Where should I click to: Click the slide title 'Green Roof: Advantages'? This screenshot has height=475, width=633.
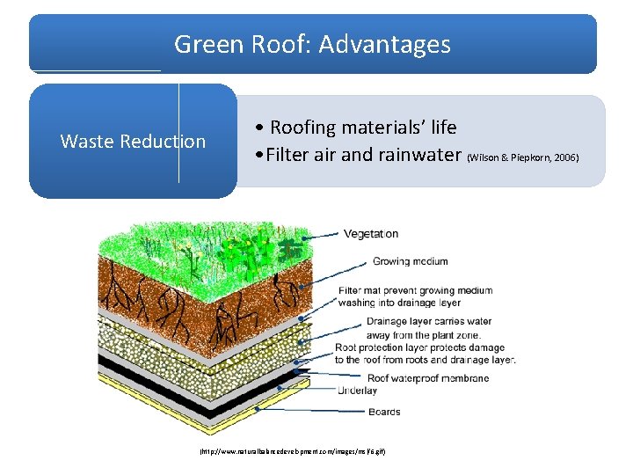312,44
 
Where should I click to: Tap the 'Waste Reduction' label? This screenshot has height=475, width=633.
133,141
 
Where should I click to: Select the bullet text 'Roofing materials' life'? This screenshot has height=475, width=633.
363,128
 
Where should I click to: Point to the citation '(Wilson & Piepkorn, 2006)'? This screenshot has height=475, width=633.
523,157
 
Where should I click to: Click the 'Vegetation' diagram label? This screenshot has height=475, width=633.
371,233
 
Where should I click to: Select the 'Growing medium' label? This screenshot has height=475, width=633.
410,261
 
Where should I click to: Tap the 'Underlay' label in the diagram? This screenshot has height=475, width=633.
358,391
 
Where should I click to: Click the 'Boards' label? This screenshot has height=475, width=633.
384,412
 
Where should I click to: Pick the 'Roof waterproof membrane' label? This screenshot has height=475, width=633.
428,378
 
